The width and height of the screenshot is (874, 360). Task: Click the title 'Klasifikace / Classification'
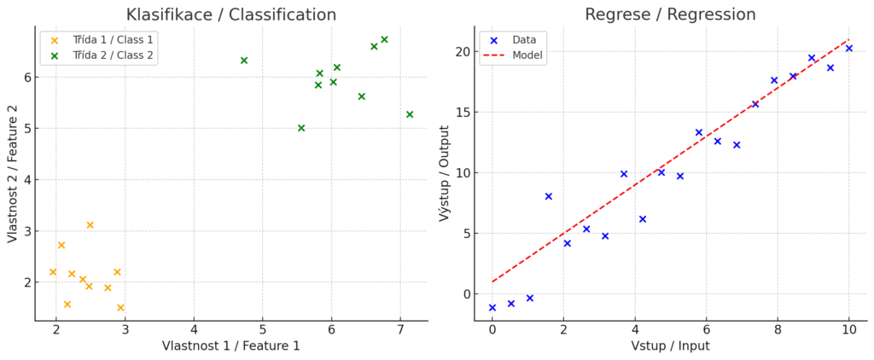[x=230, y=15]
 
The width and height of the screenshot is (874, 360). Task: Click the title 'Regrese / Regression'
[x=670, y=15]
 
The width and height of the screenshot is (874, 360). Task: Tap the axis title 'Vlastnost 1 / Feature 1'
[x=231, y=345]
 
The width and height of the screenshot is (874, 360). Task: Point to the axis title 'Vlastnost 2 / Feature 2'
[x=13, y=173]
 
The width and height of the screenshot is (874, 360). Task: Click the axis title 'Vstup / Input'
[x=670, y=345]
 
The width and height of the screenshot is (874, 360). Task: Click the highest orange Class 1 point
[x=90, y=225]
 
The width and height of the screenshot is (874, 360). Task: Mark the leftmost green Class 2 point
[x=244, y=61]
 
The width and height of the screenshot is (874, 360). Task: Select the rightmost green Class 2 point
[x=410, y=114]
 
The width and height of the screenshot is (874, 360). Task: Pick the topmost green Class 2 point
[x=384, y=39]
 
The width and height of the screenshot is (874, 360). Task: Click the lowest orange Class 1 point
[x=120, y=308]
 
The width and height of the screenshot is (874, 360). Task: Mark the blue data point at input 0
[x=492, y=308]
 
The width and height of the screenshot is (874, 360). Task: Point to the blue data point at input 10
[x=849, y=49]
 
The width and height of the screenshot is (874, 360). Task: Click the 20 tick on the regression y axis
[x=463, y=52]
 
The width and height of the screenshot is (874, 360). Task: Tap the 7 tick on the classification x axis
[x=401, y=329]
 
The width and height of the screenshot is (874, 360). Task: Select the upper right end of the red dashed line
[x=848, y=39]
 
